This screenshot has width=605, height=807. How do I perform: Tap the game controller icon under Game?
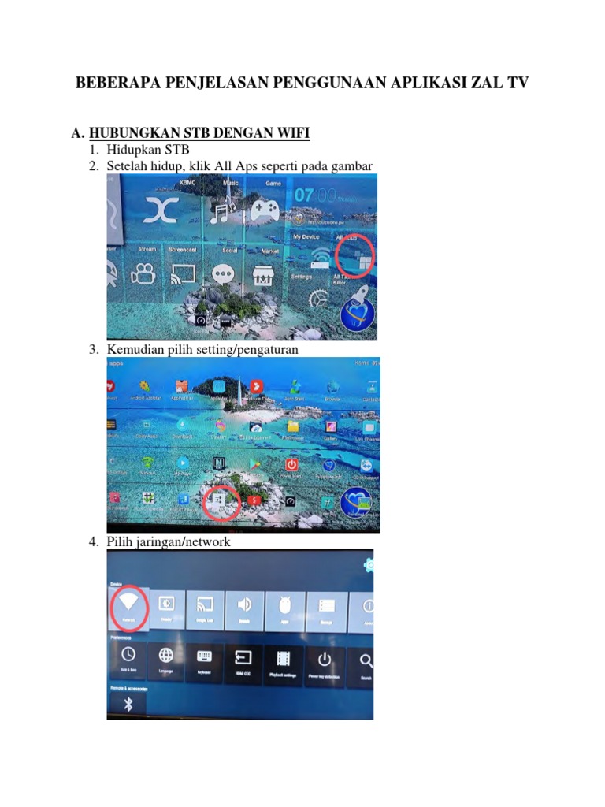pos(265,210)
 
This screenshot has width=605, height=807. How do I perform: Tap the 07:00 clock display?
pos(311,194)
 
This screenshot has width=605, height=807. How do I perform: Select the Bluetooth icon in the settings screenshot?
pos(128,705)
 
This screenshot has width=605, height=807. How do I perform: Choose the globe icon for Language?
pos(165,656)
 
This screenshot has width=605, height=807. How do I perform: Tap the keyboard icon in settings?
pos(204,656)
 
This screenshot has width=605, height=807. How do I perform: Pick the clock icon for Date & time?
pos(127,656)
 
